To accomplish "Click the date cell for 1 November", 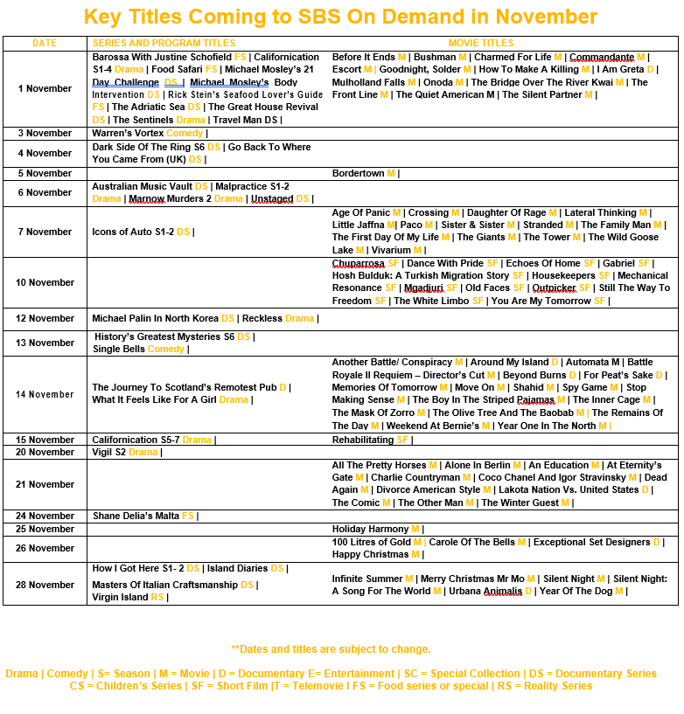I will click(45, 88).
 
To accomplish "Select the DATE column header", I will click(45, 43).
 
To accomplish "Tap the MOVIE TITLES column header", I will click(481, 43).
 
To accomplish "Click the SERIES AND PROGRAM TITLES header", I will click(164, 43).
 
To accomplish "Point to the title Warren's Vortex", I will click(128, 133).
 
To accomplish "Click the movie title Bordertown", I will click(358, 173).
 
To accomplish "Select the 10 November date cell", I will click(45, 282).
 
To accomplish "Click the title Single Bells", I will click(119, 349).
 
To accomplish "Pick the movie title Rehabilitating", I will click(363, 440).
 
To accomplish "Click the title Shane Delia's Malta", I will click(136, 516).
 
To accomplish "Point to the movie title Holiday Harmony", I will click(370, 529).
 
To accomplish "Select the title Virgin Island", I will click(120, 597).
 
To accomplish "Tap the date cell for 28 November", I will click(45, 585).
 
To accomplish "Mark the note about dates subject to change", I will click(331, 649).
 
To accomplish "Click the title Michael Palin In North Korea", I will click(155, 318).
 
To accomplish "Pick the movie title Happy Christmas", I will click(370, 554).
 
